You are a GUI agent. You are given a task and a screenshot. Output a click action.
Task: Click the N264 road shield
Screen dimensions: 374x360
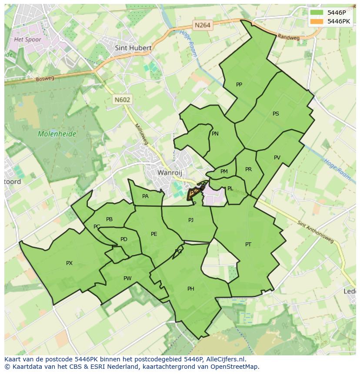202,25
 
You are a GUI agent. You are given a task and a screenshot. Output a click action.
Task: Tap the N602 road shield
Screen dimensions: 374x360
122,99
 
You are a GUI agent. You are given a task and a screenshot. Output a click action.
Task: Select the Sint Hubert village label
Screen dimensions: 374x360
133,48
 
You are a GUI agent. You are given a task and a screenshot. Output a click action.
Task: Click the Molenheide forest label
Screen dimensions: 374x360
57,134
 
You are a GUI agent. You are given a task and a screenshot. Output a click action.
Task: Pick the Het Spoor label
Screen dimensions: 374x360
27,40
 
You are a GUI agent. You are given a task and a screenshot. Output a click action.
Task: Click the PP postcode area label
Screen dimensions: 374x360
239,85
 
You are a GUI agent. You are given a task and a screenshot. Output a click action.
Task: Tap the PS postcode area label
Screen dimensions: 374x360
276,114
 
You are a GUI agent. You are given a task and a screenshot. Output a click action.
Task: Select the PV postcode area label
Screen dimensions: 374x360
277,158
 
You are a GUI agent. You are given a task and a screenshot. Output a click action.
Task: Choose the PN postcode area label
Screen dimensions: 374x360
215,134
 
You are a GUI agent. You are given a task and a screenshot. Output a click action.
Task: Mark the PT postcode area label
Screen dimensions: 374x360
248,245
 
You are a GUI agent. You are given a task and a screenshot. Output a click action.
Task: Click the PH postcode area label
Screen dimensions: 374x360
190,289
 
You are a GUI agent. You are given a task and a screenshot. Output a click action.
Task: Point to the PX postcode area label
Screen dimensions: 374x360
69,263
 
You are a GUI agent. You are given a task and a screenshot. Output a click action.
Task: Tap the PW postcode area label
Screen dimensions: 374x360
127,278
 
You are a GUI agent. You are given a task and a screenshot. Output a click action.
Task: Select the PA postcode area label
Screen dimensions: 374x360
145,196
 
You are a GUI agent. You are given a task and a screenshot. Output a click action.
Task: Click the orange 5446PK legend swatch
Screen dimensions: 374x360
317,21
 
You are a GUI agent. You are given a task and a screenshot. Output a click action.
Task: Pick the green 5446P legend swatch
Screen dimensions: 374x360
317,13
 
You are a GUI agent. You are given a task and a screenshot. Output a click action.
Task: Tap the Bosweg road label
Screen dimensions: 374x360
45,79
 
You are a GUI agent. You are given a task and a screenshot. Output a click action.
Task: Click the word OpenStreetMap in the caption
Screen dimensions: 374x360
235,367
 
